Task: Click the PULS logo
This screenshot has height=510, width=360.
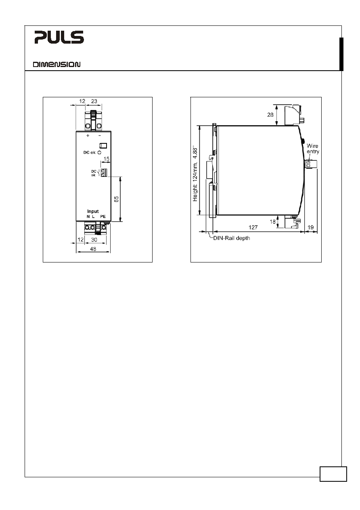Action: coord(59,37)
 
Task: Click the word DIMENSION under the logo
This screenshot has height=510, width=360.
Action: coord(57,65)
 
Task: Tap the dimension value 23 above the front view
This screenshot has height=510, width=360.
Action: coord(94,101)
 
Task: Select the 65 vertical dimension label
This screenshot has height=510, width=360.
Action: coord(116,199)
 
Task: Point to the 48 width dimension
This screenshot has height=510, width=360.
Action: coord(93,249)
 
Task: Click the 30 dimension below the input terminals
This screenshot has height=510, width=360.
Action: coord(94,239)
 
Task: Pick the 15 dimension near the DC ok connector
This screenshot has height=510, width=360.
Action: coord(107,159)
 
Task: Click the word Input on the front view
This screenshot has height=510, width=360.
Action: coord(93,211)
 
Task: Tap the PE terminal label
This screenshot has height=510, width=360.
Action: coord(103,216)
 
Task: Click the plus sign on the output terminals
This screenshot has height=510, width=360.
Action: coord(88,136)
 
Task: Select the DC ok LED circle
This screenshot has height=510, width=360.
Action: coord(99,153)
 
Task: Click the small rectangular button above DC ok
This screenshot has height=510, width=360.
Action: coord(103,146)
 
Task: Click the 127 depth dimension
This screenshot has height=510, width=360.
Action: coord(253,227)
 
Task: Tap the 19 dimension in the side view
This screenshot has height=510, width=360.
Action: coord(310,227)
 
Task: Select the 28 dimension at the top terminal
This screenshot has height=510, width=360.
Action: coord(270,115)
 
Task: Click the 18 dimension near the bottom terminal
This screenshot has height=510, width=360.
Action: coord(272,222)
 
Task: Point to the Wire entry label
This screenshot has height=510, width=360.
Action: coord(313,149)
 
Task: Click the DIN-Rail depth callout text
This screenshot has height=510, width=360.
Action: coord(231,238)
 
